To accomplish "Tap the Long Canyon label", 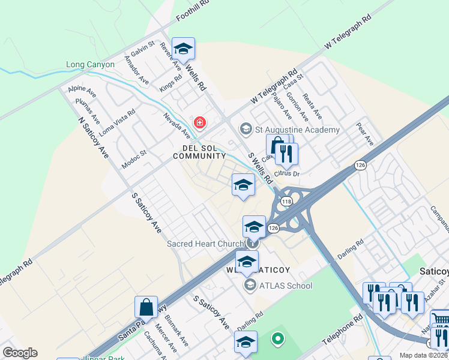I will [x=90, y=64].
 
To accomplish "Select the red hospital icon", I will [x=200, y=123].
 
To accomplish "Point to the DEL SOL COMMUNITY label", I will [x=199, y=152].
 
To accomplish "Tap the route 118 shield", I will [x=286, y=202].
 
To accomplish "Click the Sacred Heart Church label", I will [x=206, y=244].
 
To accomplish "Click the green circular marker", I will [x=277, y=339].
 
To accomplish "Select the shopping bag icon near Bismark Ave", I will [x=146, y=307].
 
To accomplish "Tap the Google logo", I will [x=20, y=352].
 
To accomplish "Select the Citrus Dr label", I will [x=288, y=173].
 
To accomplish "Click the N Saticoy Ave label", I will [x=93, y=136].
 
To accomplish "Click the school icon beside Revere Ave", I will [x=183, y=48].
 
